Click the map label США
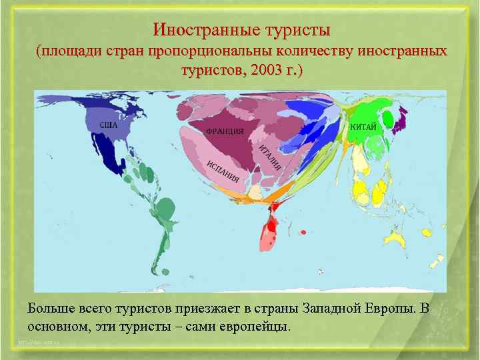(x=109, y=125)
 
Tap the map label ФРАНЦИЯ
(x=225, y=131)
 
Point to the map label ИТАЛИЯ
(x=270, y=157)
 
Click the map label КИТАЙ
(x=363, y=127)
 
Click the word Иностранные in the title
(x=197, y=30)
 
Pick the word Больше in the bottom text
(x=51, y=309)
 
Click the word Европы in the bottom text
(x=390, y=309)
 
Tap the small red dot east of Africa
(x=303, y=232)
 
